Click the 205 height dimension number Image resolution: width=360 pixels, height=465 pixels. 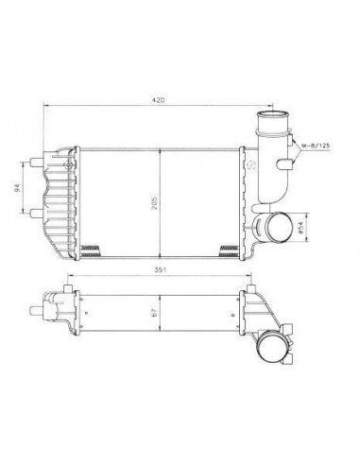coord(166,200)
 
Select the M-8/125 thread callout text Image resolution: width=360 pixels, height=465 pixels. coord(318,146)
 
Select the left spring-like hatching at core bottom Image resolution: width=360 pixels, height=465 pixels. coord(93,249)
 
